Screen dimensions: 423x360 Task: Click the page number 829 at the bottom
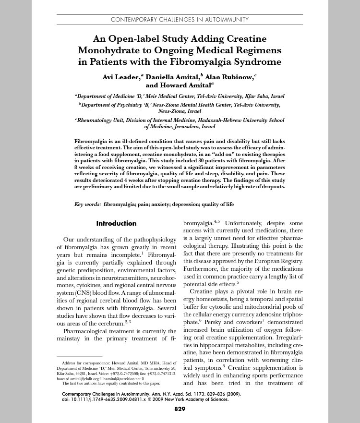coord(180,409)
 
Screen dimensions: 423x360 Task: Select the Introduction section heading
coord(116,223)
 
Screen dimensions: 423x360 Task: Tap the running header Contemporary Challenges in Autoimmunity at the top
coord(180,20)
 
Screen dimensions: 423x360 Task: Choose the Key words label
coord(87,204)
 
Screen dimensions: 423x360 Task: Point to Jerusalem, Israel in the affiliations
coord(193,127)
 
